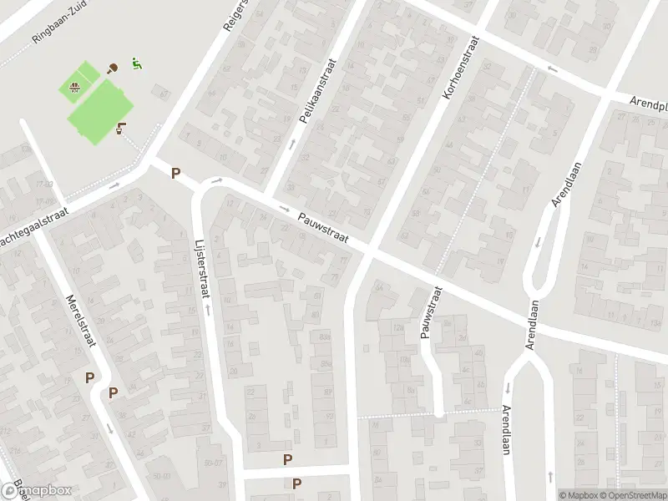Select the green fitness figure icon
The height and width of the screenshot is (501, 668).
pyautogui.click(x=136, y=63)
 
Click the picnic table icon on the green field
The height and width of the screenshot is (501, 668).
pyautogui.click(x=75, y=85)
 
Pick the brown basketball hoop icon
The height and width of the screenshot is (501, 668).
pyautogui.click(x=123, y=128)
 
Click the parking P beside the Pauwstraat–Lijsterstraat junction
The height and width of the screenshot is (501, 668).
pyautogui.click(x=175, y=174)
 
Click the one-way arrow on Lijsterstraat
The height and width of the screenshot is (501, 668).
pyautogui.click(x=206, y=309)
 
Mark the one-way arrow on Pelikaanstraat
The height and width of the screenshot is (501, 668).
pyautogui.click(x=293, y=144)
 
